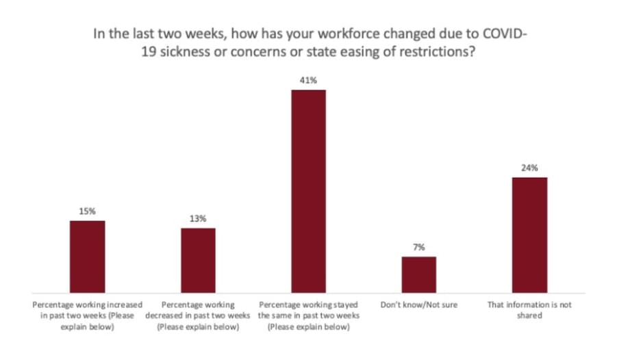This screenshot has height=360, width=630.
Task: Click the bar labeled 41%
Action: [308, 191]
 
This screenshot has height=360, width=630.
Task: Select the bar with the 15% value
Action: [88, 256]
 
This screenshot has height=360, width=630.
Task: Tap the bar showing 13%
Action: [198, 260]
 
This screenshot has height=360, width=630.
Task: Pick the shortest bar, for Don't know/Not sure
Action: [418, 274]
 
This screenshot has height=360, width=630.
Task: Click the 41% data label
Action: [308, 81]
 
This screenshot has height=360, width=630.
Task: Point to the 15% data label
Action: [88, 211]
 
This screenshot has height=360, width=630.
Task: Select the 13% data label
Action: [198, 219]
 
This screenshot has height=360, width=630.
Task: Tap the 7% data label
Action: [418, 247]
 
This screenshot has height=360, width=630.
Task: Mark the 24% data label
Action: [529, 168]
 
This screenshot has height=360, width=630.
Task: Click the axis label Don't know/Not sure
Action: [418, 305]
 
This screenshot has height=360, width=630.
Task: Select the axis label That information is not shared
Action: [529, 310]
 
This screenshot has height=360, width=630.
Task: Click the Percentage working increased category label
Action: [88, 316]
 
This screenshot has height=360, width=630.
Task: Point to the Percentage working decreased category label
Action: [198, 316]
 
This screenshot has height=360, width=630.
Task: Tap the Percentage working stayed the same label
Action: [308, 316]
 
